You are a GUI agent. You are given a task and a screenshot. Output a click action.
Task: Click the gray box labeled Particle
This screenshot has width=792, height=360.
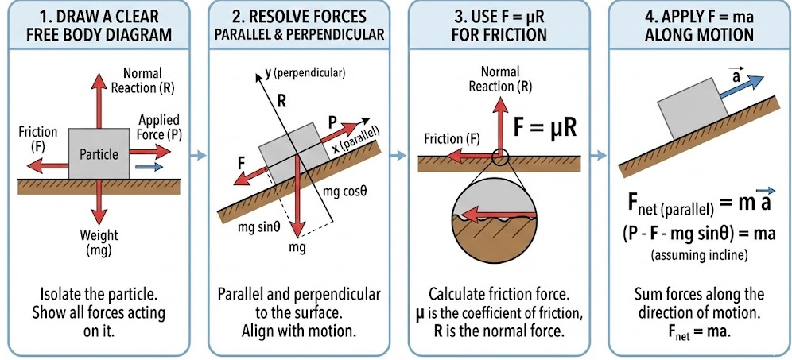coord(99,153)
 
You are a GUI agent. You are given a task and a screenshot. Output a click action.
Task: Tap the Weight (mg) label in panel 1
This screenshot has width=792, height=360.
coord(99,243)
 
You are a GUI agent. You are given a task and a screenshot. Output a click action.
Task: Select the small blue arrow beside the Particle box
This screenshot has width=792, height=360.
coord(146,167)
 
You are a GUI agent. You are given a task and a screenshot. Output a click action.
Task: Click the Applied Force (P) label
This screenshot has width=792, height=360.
coord(159,127)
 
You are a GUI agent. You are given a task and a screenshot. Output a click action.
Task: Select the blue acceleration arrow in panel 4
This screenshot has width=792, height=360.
coord(743,87)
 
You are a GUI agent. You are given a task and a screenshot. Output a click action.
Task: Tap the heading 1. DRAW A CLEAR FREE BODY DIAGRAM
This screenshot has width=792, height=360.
coord(99,25)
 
